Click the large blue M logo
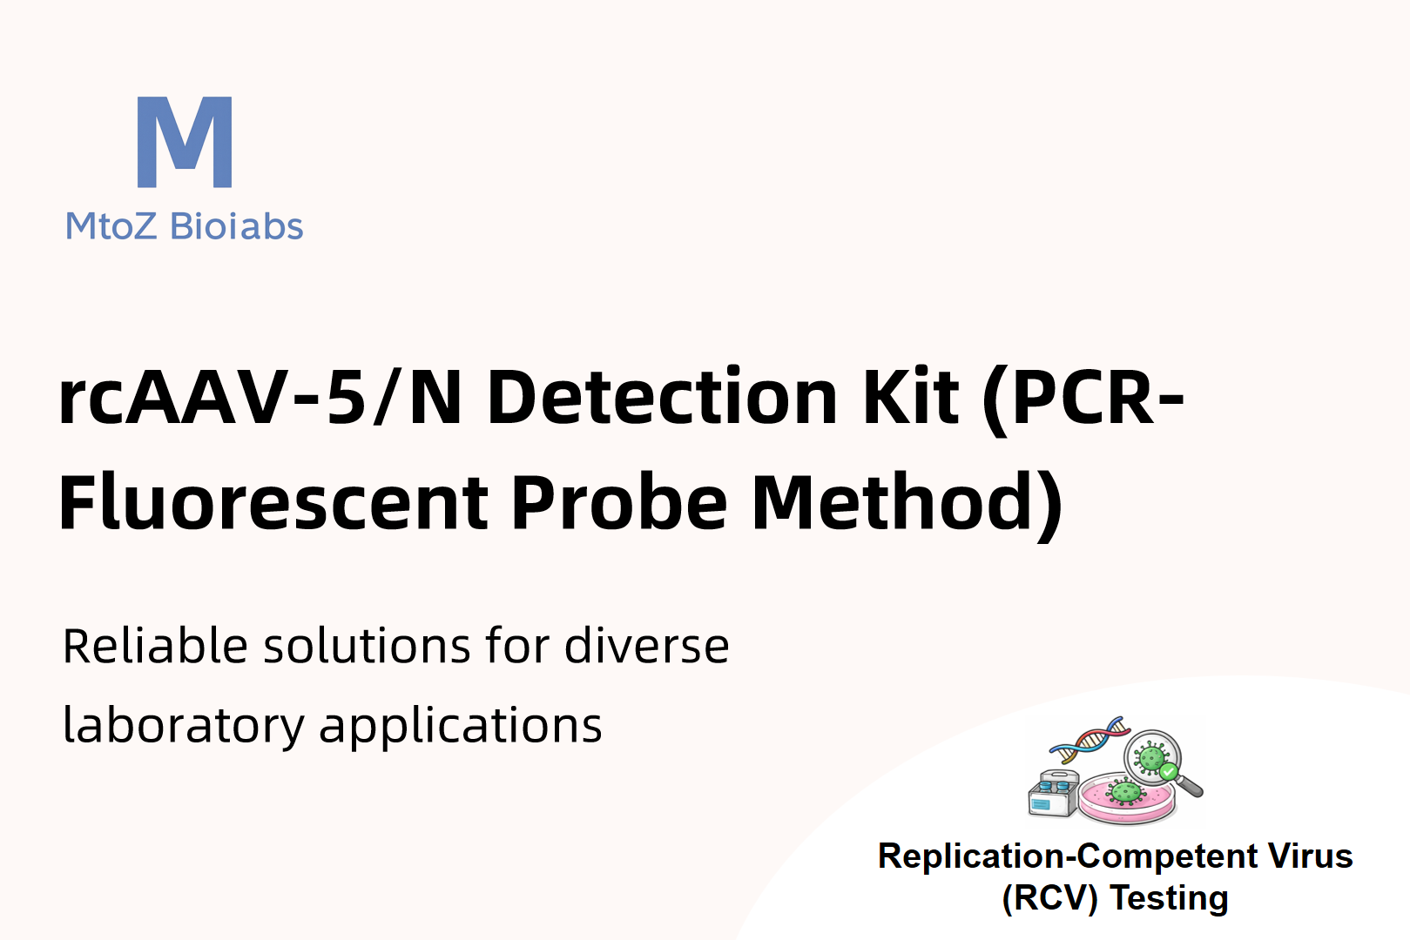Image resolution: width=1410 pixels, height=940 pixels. click(x=185, y=142)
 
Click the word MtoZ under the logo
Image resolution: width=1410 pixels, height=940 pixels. click(x=111, y=226)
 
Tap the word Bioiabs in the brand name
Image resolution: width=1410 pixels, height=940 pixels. click(x=236, y=225)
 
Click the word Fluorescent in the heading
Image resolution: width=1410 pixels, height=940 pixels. click(x=273, y=503)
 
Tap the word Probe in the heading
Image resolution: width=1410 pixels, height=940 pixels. click(x=619, y=503)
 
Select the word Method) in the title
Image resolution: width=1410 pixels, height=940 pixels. click(x=907, y=506)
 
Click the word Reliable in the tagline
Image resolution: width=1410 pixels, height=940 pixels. click(x=155, y=646)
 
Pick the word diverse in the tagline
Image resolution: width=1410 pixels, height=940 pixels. click(x=646, y=646)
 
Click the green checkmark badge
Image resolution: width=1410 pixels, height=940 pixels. click(x=1168, y=771)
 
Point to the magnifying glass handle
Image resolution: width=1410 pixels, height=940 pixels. click(x=1189, y=786)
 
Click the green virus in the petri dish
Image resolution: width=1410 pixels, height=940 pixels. click(x=1125, y=792)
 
